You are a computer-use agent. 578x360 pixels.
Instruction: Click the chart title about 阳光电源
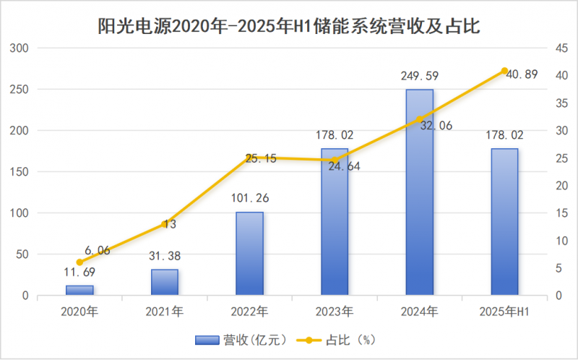click(289, 27)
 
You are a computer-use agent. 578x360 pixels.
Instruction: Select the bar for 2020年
click(79, 290)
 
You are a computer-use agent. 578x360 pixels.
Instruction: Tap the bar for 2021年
click(165, 282)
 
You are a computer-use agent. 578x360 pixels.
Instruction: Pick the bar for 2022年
click(250, 253)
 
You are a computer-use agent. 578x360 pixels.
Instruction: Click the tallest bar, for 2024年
click(420, 192)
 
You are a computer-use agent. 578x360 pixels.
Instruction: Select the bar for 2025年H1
click(504, 222)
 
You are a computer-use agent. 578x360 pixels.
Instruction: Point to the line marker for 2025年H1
click(504, 71)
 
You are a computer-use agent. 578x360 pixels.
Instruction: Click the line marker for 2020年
click(79, 262)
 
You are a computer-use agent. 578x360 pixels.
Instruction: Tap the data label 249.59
click(419, 75)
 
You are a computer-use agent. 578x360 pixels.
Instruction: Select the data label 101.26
click(250, 198)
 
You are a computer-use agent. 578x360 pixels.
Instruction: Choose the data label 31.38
click(165, 255)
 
